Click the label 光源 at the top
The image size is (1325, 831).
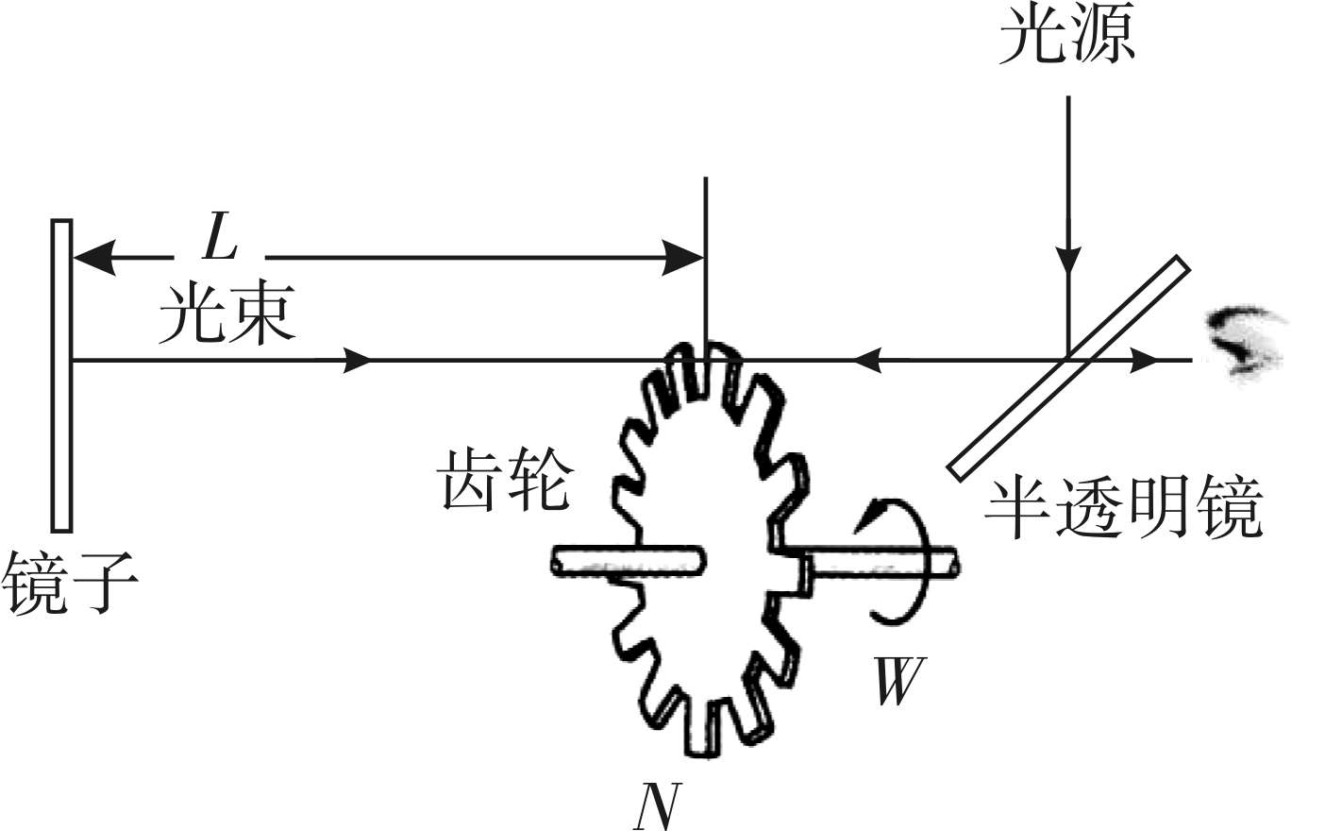pyautogui.click(x=1066, y=36)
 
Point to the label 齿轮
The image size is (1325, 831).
pyautogui.click(x=506, y=480)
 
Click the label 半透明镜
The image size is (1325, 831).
pyautogui.click(x=1123, y=510)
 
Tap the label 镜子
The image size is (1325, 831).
pyautogui.click(x=70, y=583)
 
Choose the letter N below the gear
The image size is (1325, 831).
pyautogui.click(x=656, y=806)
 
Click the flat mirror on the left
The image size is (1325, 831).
pyautogui.click(x=62, y=375)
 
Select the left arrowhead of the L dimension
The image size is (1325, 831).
pyautogui.click(x=94, y=256)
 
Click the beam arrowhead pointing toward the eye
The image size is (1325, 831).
pyautogui.click(x=1144, y=360)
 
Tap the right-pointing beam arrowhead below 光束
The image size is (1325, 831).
pyautogui.click(x=358, y=360)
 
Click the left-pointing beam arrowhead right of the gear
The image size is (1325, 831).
pyautogui.click(x=866, y=360)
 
